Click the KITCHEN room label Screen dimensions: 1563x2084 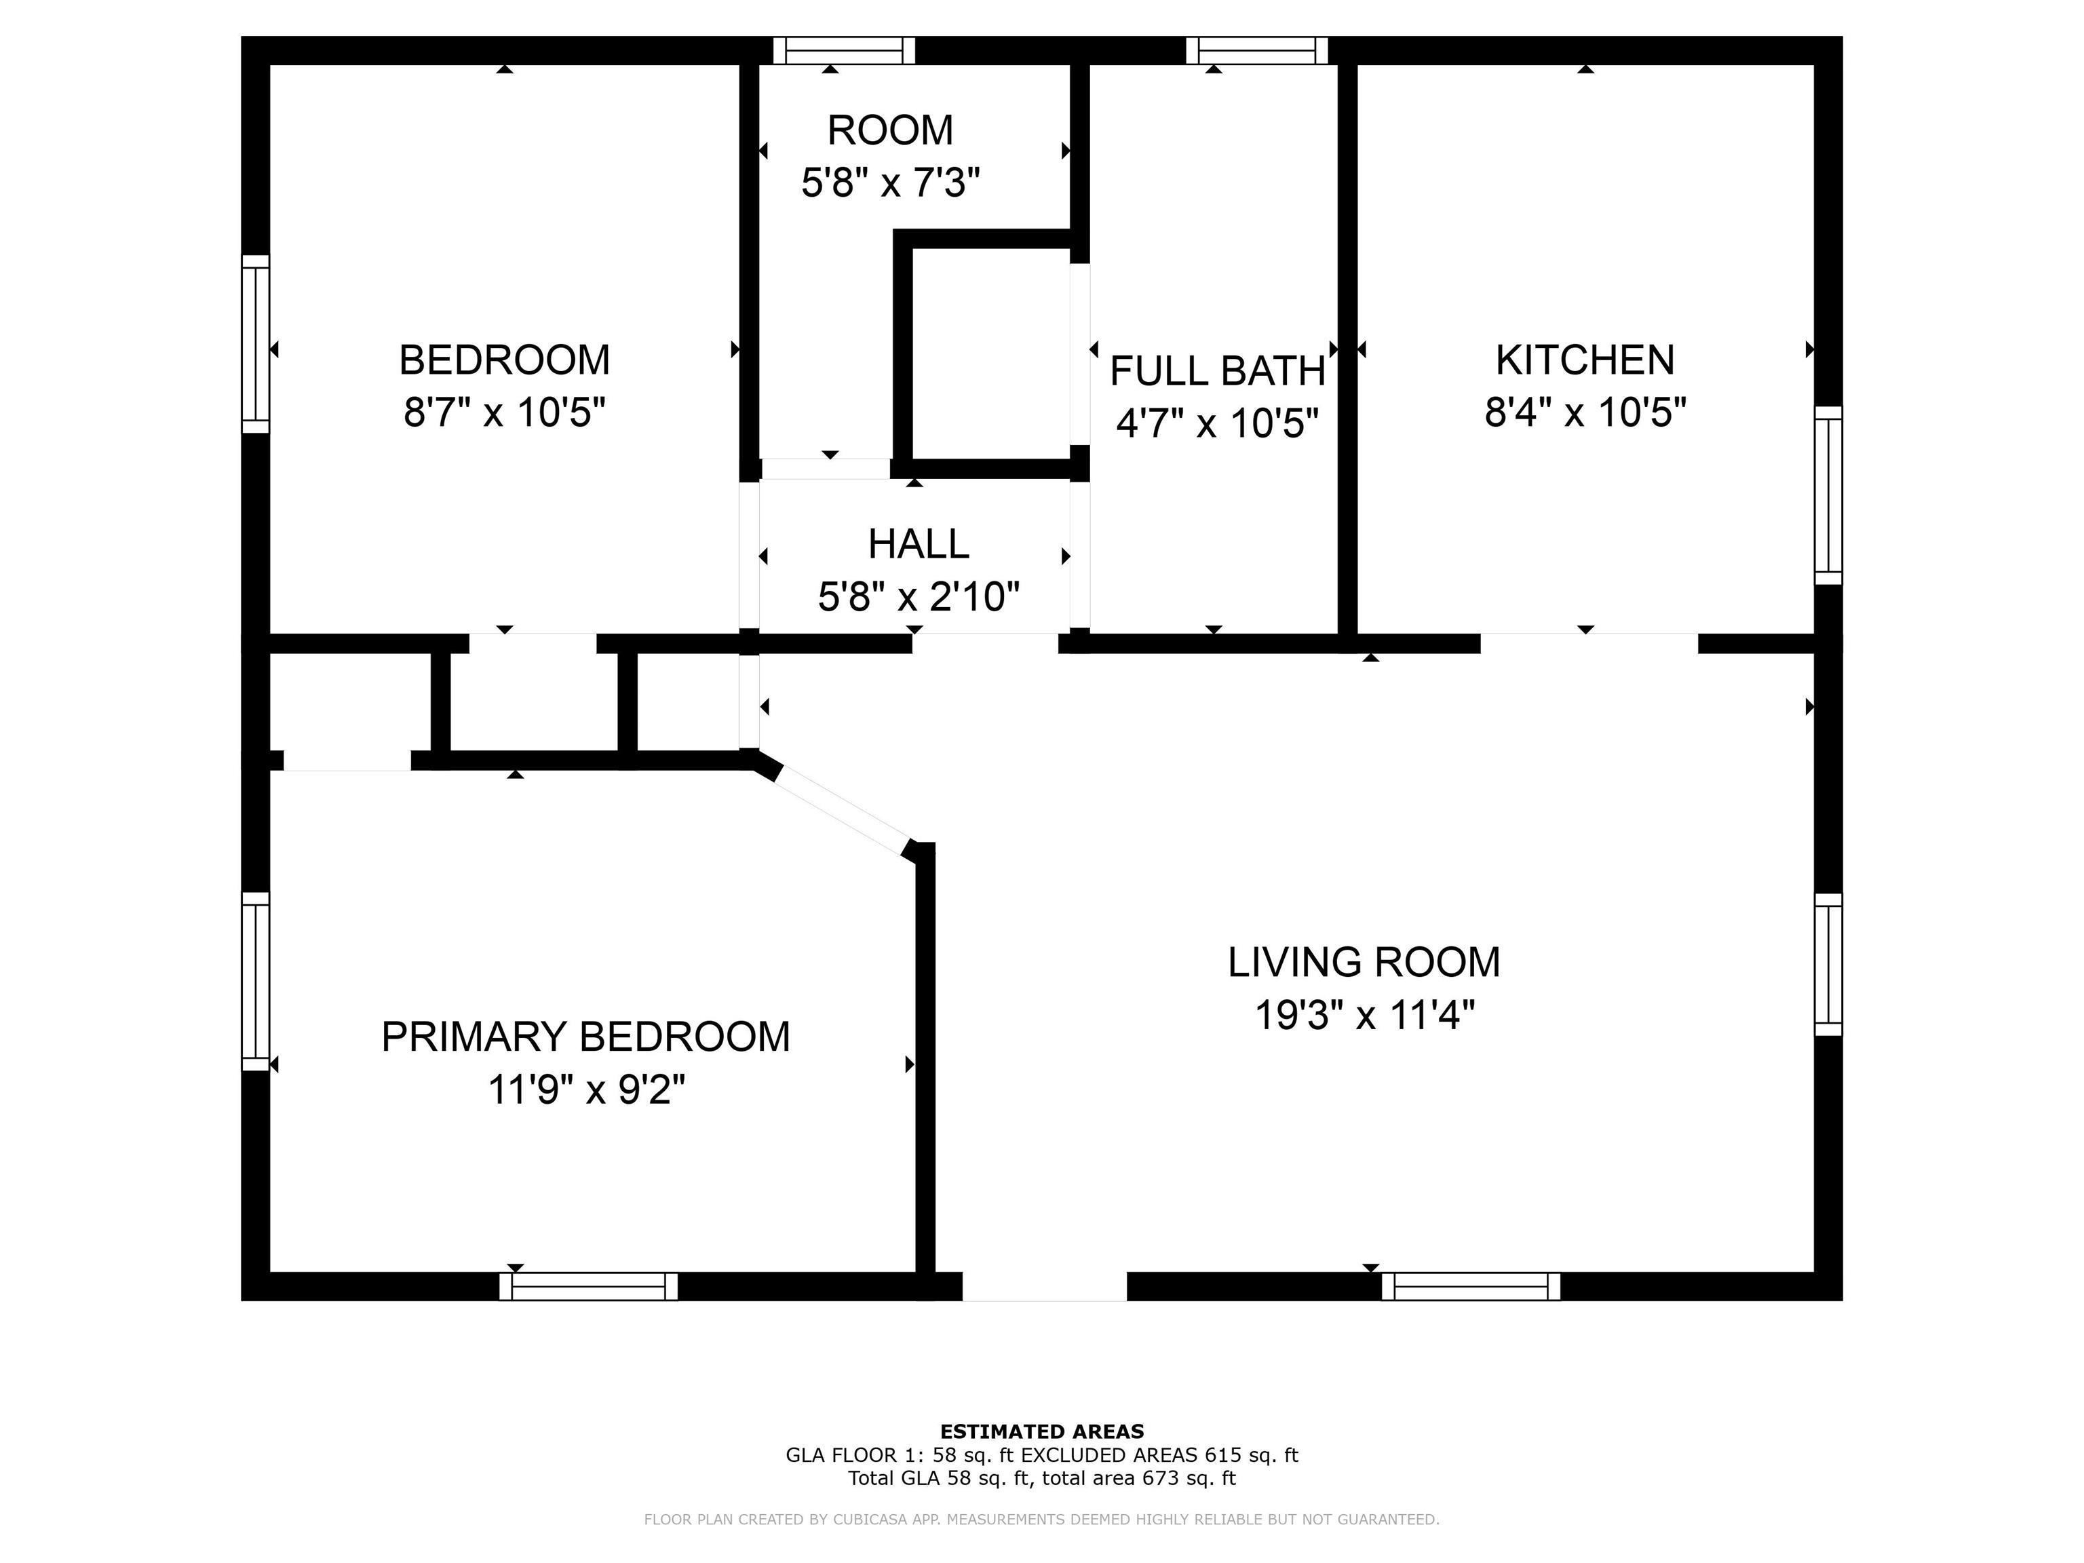pos(1585,360)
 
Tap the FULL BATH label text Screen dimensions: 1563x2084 pos(1216,371)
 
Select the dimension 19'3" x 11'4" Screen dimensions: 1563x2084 pos(1364,1016)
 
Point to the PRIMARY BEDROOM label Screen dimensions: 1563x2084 pos(585,1037)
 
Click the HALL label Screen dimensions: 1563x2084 pos(918,543)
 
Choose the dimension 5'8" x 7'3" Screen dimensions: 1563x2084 pos(890,182)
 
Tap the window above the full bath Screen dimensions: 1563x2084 pos(1256,50)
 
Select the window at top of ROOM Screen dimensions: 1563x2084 pos(843,50)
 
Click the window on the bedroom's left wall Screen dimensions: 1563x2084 pos(255,344)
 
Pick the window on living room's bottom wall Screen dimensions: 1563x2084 pos(1470,1286)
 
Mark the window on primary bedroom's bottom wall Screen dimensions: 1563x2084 pos(588,1286)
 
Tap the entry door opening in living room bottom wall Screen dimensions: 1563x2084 pos(1044,1286)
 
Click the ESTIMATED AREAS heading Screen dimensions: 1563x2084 pos(1041,1431)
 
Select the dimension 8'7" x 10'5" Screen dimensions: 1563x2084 pos(504,412)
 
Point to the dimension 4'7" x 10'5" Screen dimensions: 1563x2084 pos(1216,424)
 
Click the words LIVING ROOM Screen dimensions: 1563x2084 pos(1364,962)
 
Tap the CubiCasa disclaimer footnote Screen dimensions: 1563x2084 pos(1041,1519)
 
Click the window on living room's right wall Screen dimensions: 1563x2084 pos(1828,964)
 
